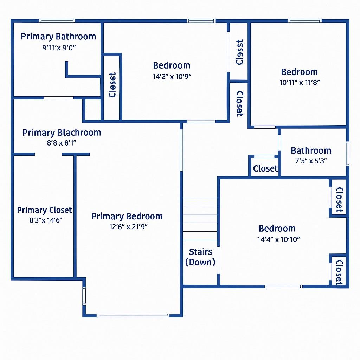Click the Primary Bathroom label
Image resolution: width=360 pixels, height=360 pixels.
(x=58, y=37)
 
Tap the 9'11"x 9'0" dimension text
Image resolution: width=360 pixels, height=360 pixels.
(x=59, y=48)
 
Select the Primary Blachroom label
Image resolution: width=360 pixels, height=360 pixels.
(x=62, y=133)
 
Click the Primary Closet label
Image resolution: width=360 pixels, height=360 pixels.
(x=45, y=210)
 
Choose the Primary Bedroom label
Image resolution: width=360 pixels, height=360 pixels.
(x=127, y=216)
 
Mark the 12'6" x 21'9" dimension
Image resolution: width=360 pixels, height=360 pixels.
(x=128, y=227)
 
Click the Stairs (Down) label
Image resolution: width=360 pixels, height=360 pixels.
(x=200, y=257)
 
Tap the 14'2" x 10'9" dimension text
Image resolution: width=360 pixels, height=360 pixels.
(x=172, y=76)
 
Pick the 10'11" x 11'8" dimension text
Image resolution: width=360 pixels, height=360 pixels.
(x=300, y=83)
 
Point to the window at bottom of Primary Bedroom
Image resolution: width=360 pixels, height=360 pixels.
(x=133, y=315)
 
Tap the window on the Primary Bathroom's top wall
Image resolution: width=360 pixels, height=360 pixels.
(x=57, y=21)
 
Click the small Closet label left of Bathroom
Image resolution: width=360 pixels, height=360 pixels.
(x=265, y=169)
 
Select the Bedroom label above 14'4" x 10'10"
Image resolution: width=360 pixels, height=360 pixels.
(x=277, y=229)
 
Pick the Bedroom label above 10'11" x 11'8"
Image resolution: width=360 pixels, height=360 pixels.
(x=299, y=72)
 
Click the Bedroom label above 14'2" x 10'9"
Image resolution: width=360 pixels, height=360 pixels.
(x=172, y=65)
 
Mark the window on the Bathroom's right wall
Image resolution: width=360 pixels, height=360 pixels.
(x=348, y=153)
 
